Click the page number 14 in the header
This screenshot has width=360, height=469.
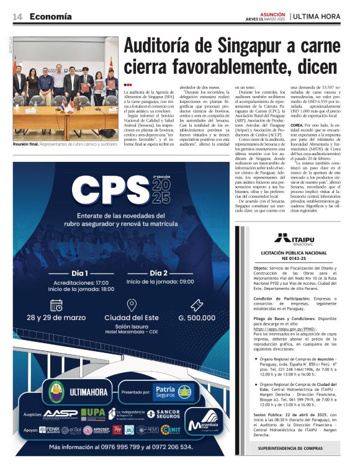17,16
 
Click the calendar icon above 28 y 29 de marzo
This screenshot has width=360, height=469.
56,305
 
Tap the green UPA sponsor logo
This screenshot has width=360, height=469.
93,413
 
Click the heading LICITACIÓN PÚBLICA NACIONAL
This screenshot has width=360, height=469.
294,254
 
